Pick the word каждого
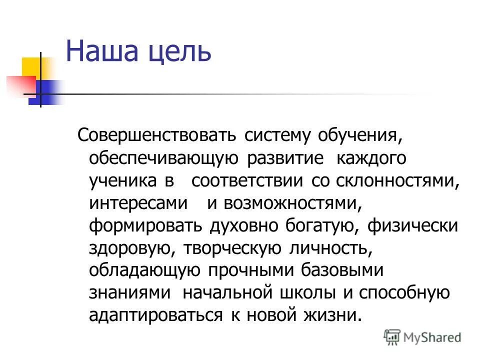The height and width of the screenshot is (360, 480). (371, 158)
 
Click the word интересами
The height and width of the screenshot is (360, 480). (138, 203)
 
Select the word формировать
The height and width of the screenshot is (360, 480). (145, 226)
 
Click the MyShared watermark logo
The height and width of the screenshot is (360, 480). (422, 336)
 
